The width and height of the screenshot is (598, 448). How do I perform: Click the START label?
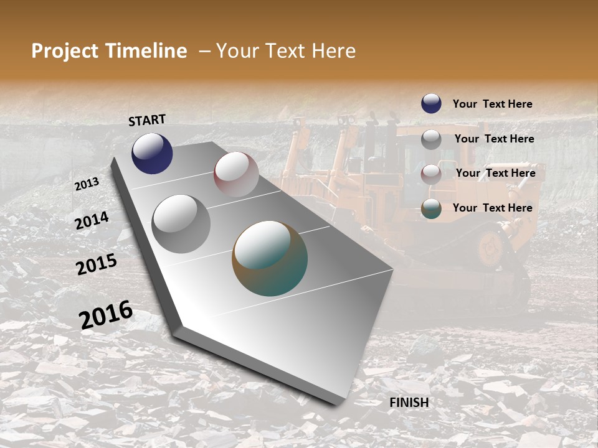[x=147, y=119]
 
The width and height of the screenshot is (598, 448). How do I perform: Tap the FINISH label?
[x=409, y=403]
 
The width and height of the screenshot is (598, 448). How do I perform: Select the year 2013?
[x=87, y=184]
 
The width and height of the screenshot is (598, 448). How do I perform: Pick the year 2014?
[x=92, y=221]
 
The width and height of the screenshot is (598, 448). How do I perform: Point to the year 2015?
[x=97, y=264]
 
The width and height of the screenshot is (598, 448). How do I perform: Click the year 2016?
[x=106, y=314]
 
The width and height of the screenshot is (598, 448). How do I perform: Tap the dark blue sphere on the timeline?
[x=152, y=153]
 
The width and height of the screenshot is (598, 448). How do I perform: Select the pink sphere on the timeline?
[x=236, y=174]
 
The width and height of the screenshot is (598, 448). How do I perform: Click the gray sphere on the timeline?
[x=181, y=223]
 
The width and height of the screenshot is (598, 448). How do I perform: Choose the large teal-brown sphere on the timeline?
[x=270, y=258]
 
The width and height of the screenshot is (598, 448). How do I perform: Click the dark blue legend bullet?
[x=431, y=103]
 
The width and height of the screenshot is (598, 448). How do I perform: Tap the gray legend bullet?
[x=431, y=139]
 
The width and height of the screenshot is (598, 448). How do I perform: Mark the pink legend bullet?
[x=431, y=174]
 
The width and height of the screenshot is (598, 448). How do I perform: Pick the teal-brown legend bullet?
[x=431, y=209]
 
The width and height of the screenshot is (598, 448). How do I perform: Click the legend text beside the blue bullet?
[x=492, y=104]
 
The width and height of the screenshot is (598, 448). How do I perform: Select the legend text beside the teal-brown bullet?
[x=492, y=208]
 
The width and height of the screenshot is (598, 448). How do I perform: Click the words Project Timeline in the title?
[x=109, y=51]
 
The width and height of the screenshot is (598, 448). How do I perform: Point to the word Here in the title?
[x=333, y=51]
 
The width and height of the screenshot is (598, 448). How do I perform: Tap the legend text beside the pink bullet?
[x=495, y=173]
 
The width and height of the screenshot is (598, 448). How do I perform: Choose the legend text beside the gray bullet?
[x=494, y=139]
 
